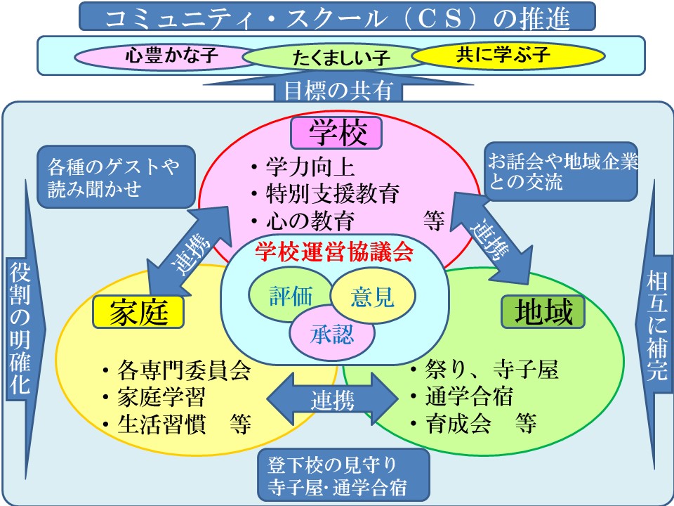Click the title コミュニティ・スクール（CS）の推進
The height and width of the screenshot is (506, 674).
click(x=337, y=17)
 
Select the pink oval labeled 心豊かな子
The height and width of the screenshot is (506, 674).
click(x=162, y=56)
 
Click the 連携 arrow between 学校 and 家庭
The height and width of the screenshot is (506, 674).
click(x=187, y=248)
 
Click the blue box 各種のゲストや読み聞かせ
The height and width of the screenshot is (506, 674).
click(x=114, y=177)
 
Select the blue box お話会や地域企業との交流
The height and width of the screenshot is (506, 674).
click(x=562, y=173)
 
